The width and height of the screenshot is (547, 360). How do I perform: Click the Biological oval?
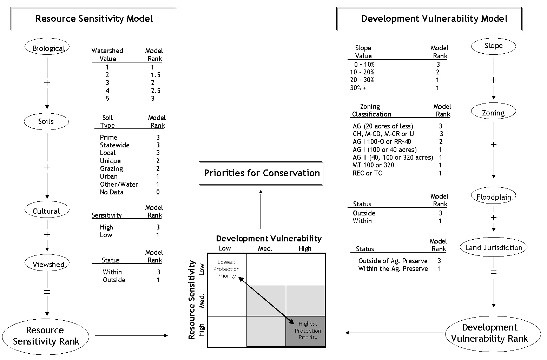(x=47, y=47)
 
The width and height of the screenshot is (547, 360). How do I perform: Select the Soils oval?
(x=46, y=121)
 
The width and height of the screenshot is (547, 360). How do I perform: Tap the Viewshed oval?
(x=47, y=263)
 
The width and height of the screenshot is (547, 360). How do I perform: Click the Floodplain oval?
(x=494, y=195)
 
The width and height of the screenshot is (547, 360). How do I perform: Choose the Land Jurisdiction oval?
(x=494, y=247)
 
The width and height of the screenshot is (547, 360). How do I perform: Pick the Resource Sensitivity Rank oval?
(x=46, y=336)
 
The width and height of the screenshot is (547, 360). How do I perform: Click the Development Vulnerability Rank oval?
(x=493, y=334)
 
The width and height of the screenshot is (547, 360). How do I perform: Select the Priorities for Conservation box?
(x=261, y=173)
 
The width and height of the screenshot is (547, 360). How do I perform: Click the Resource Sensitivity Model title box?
(x=94, y=19)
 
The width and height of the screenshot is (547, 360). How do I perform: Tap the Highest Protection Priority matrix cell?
(x=305, y=332)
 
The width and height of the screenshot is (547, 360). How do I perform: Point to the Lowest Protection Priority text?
(x=226, y=269)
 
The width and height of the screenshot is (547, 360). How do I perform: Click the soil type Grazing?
(x=111, y=169)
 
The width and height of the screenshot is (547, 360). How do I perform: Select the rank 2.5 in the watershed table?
(x=156, y=91)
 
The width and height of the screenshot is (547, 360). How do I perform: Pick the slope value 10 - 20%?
(x=362, y=72)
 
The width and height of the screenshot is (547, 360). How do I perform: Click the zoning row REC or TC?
(x=367, y=173)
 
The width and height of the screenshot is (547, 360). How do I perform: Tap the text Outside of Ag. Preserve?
(x=393, y=261)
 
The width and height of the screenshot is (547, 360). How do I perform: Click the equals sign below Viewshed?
(x=47, y=292)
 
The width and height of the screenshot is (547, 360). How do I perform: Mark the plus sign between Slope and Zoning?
(x=494, y=80)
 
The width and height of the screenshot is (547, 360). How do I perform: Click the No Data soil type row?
(x=130, y=192)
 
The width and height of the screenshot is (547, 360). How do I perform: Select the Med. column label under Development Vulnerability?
(x=265, y=249)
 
